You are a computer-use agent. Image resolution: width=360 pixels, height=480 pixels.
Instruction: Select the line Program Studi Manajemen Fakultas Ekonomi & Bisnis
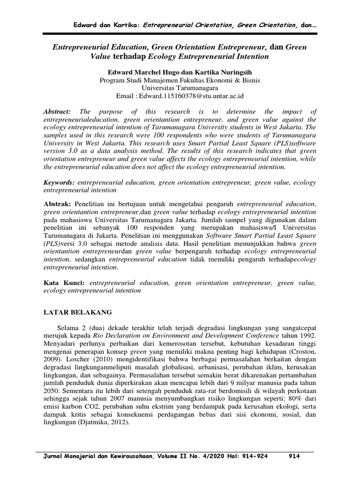click(180, 80)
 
